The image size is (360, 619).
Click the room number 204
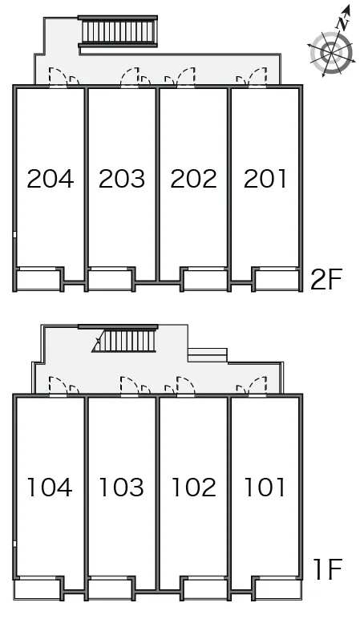point(51,179)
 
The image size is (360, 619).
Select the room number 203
point(122,179)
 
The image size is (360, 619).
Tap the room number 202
point(193,179)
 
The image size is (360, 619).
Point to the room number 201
point(265,179)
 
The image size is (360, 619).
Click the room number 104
point(50,488)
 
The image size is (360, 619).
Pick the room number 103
point(121,488)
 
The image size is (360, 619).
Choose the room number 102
point(194,488)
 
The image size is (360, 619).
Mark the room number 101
point(265,488)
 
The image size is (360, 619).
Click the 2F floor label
point(326,279)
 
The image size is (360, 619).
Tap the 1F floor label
point(328,568)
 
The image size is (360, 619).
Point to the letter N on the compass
point(343,24)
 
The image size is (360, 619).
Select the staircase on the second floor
point(118,31)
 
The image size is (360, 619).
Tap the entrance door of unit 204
point(58,77)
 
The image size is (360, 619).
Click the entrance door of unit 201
point(257,77)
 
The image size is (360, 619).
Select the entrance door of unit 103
point(129,386)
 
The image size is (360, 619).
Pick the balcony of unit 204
point(38,281)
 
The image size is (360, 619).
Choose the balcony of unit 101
point(277,589)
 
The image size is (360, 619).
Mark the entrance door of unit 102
point(186,386)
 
